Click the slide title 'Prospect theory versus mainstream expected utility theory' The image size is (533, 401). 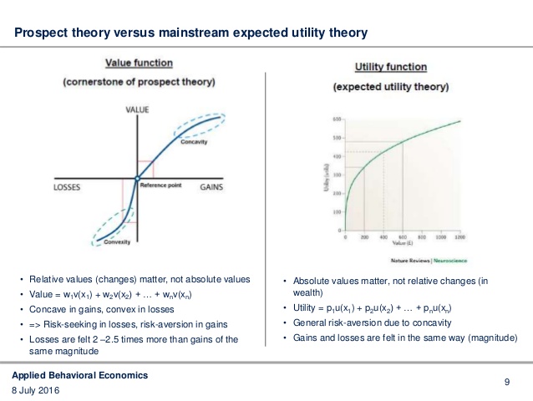(x=191, y=33)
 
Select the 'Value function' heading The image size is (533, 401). (x=139, y=63)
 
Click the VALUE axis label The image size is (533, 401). (x=137, y=110)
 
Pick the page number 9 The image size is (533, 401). (x=507, y=382)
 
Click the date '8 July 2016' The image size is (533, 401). (x=36, y=390)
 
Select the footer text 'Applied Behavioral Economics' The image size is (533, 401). (x=80, y=375)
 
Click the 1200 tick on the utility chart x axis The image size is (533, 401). (x=459, y=237)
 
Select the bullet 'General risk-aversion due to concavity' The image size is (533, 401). (x=371, y=323)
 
